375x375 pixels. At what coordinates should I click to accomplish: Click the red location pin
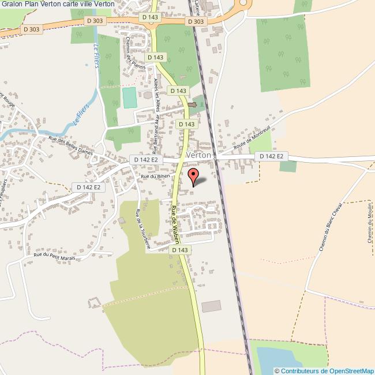194,175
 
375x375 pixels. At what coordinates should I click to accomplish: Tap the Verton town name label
199,156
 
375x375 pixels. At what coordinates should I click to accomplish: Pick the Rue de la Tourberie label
142,228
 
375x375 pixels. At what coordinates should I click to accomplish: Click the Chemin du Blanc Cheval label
331,227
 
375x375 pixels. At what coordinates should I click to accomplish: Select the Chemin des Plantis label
131,62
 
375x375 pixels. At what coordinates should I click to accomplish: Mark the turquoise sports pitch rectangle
130,97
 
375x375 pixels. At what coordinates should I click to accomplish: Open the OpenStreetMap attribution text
324,370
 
